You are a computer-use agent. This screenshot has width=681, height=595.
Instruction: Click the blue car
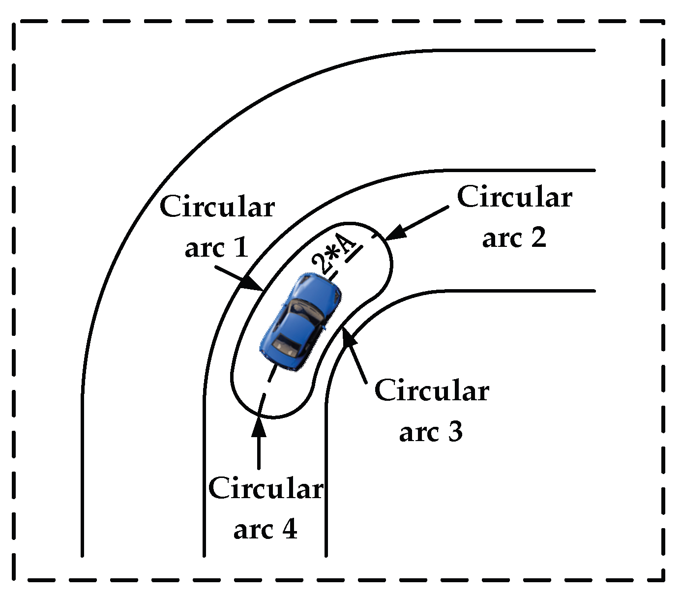301,322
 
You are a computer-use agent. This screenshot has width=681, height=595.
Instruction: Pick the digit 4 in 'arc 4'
289,529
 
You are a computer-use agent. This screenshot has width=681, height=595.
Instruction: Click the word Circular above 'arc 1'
217,207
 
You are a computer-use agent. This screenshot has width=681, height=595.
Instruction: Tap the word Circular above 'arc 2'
514,197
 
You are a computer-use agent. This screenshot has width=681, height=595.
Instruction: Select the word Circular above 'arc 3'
431,391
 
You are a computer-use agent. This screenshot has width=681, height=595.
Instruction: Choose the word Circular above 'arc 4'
266,489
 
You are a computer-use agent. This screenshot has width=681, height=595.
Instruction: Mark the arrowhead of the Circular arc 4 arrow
259,427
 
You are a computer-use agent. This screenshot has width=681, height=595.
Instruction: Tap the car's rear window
285,344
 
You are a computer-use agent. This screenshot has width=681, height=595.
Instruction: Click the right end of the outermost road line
594,50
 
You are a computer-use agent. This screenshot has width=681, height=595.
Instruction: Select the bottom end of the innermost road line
326,556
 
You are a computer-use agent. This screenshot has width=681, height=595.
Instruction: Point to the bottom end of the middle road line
204,556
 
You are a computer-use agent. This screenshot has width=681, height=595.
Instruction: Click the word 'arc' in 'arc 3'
419,432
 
